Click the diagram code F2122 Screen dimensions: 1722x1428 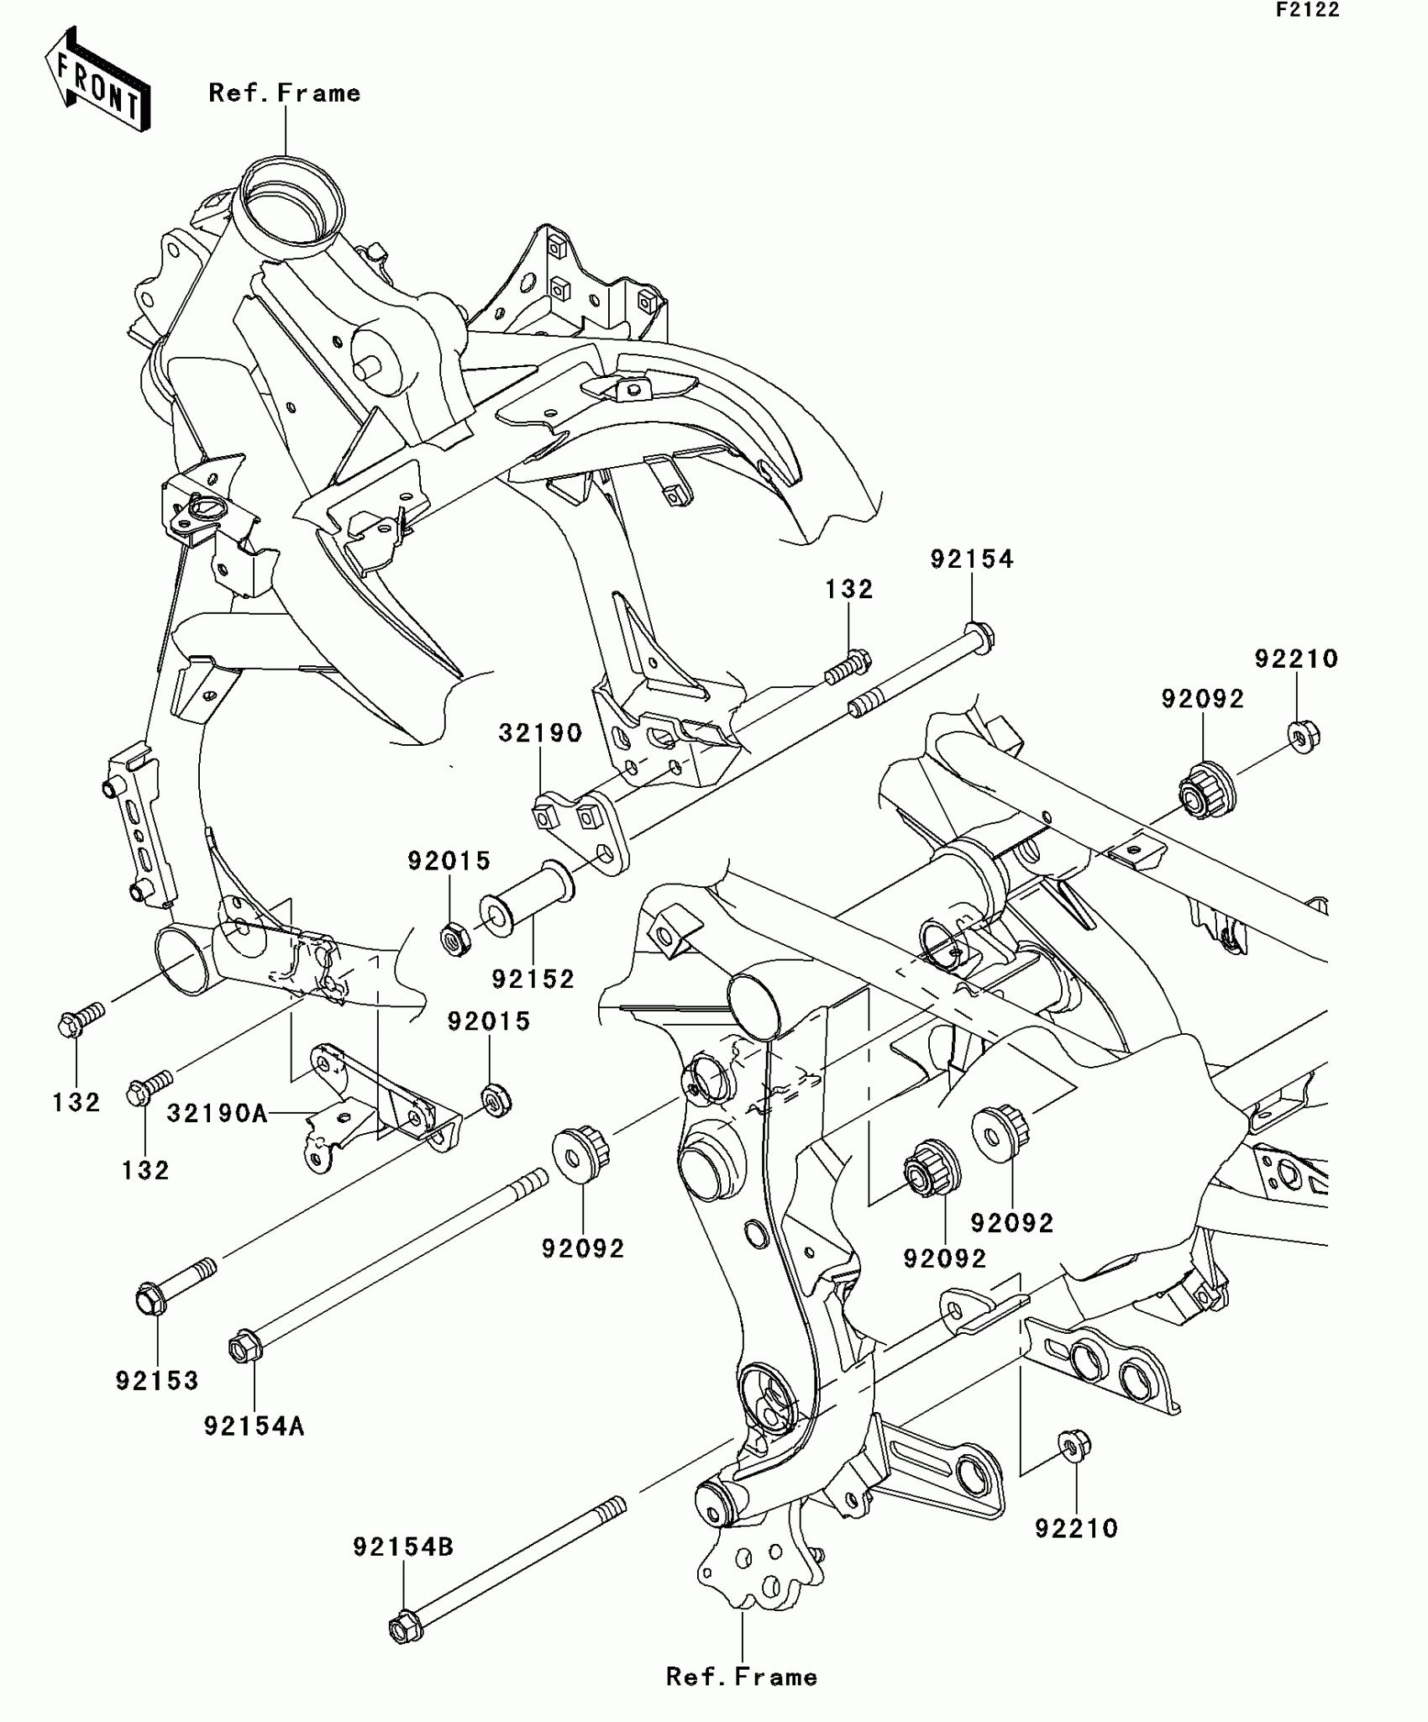click(1308, 10)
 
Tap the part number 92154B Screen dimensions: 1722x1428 click(403, 1546)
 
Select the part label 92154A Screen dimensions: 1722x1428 click(254, 1425)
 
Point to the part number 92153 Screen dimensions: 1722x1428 click(157, 1380)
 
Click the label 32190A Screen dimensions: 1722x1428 click(217, 1114)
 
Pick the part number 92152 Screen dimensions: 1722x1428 click(533, 979)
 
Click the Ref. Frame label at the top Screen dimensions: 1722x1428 click(285, 93)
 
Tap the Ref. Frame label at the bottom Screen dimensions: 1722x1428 click(742, 1677)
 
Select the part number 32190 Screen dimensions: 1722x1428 click(540, 733)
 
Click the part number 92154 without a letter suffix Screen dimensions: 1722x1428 click(972, 559)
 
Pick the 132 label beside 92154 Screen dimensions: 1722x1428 click(848, 589)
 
